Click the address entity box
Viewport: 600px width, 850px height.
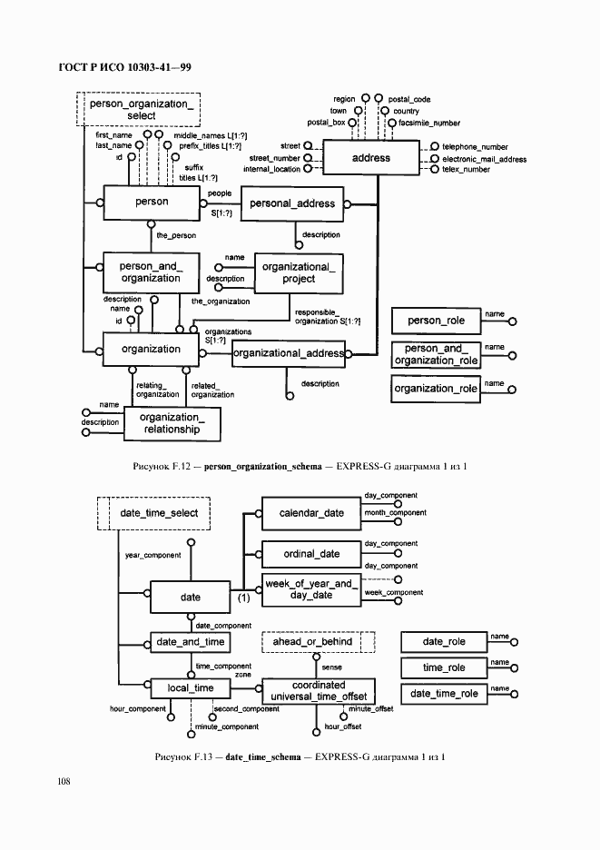370,158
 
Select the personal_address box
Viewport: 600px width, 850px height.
292,204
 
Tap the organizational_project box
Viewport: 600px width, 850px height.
299,272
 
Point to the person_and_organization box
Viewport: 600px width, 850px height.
151,272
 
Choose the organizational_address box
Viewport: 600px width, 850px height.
289,353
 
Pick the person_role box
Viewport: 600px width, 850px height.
435,321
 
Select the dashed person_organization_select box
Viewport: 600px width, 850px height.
142,110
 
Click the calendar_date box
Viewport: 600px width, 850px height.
311,513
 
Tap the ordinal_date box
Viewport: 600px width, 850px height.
311,554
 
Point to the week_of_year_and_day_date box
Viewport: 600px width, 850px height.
311,589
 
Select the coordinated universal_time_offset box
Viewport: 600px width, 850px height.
318,691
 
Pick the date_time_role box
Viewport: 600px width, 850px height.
444,694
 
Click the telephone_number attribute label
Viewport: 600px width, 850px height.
475,146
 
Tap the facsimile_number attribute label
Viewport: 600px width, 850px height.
429,123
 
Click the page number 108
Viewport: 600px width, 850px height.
64,781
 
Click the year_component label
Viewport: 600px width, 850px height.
152,555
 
